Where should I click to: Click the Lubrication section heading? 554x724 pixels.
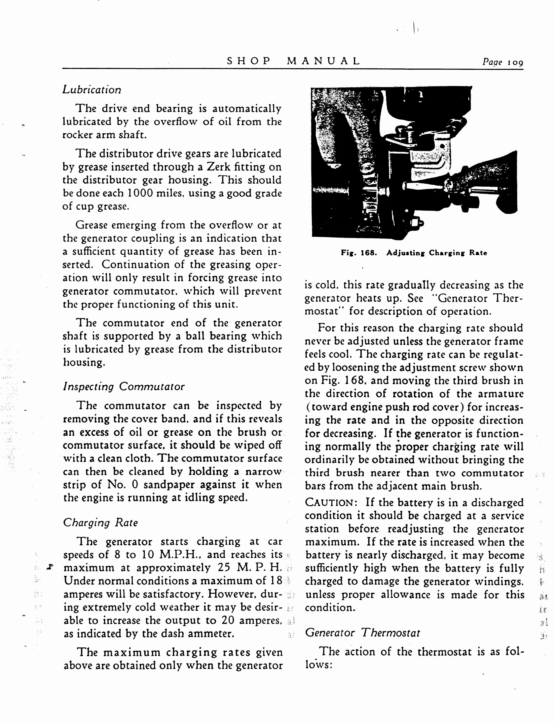point(92,90)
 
